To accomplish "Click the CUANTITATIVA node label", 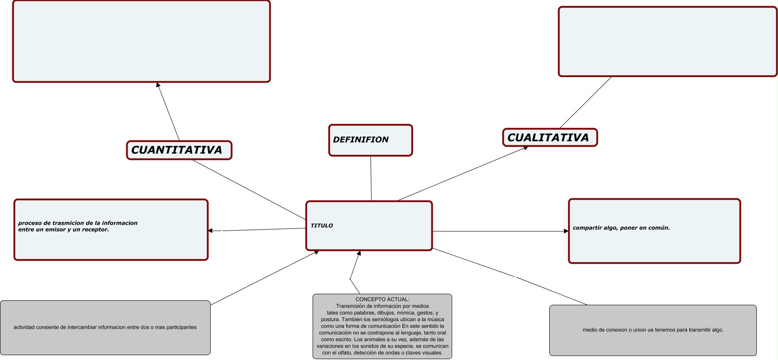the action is [x=177, y=150].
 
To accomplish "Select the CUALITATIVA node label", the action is [x=548, y=138].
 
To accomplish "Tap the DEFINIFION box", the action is [x=370, y=140].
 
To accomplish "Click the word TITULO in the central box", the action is [x=322, y=226].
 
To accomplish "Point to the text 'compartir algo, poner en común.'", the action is [x=621, y=228].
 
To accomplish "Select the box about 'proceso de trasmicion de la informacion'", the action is [x=110, y=230].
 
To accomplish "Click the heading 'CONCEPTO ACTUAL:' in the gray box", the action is [x=382, y=299].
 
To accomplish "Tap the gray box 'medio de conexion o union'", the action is [x=653, y=330].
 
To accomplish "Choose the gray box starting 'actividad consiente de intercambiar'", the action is [x=105, y=328].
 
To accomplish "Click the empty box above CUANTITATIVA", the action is [x=141, y=42].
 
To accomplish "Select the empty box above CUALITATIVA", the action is [x=667, y=42].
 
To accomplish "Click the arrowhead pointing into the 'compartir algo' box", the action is [x=566, y=231].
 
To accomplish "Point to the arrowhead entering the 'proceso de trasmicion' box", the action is [x=211, y=231].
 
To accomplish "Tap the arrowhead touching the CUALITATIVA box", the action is [x=525, y=148].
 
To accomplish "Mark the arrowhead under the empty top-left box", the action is [x=158, y=85].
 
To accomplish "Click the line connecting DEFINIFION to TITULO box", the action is [x=371, y=179].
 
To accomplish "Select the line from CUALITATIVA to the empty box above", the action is [x=585, y=102].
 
